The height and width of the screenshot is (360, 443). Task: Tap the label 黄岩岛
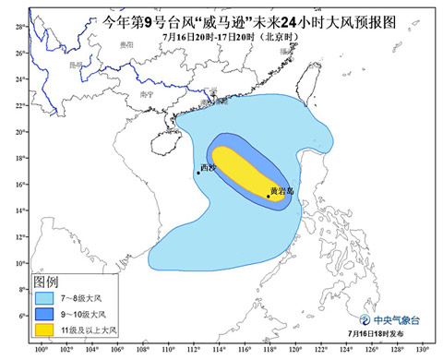pos(281,191)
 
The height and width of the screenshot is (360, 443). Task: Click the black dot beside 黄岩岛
pos(268,196)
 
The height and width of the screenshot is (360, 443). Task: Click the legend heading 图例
pos(46,281)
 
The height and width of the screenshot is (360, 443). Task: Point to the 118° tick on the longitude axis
pos(270,350)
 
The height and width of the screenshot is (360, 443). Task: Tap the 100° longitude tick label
pos(41,350)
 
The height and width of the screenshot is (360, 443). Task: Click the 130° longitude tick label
pos(424,350)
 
